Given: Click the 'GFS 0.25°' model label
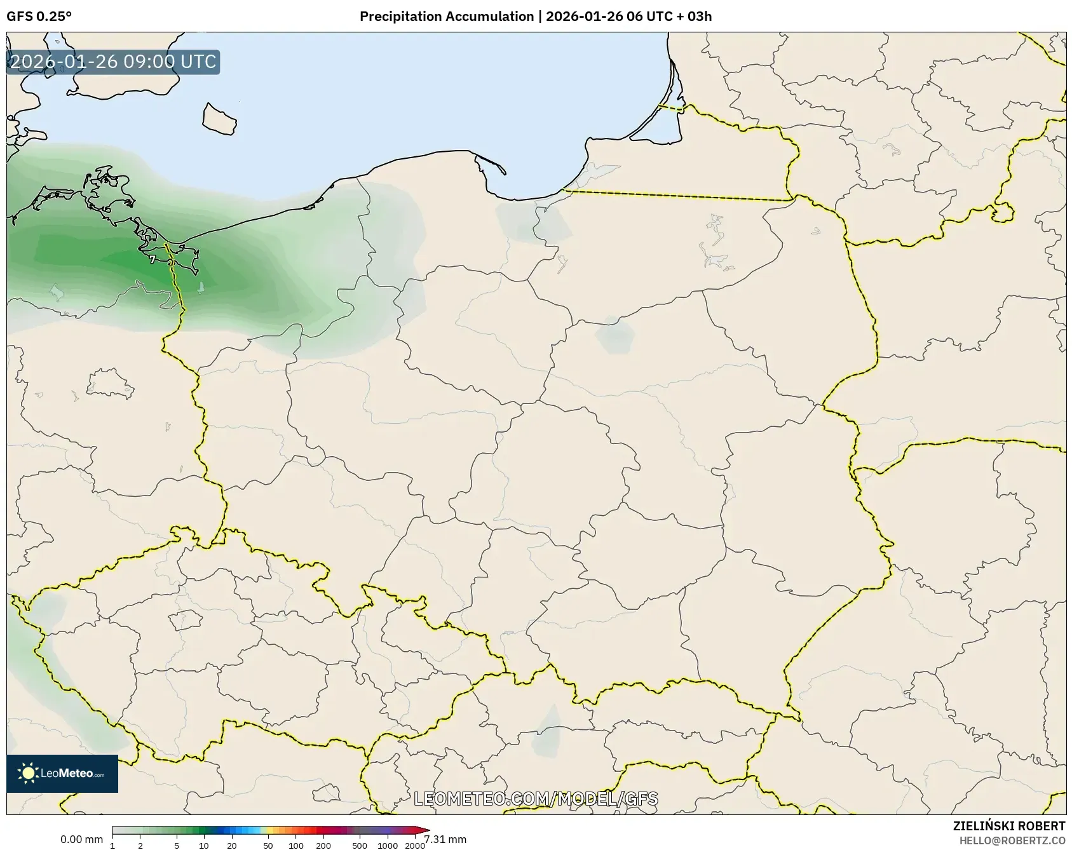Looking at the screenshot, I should pyautogui.click(x=39, y=17).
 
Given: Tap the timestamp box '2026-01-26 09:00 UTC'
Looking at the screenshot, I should pyautogui.click(x=113, y=62).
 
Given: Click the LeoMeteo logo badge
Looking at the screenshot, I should pyautogui.click(x=62, y=773).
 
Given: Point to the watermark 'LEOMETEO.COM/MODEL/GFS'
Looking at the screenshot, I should pyautogui.click(x=536, y=799).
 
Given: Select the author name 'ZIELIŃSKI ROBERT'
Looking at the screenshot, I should pyautogui.click(x=1008, y=826).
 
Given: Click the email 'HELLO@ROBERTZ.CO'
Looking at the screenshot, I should pyautogui.click(x=1012, y=840).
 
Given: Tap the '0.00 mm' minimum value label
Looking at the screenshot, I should pyautogui.click(x=81, y=839).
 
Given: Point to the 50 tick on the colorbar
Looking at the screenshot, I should pyautogui.click(x=268, y=846).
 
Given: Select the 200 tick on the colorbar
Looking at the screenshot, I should pyautogui.click(x=323, y=846).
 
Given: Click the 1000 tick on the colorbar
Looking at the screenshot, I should pyautogui.click(x=388, y=846).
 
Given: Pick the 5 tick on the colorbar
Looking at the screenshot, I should pyautogui.click(x=177, y=846).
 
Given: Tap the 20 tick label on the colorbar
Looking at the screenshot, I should pyautogui.click(x=231, y=846).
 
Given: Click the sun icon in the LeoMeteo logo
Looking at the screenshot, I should pyautogui.click(x=28, y=773).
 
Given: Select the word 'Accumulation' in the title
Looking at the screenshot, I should pyautogui.click(x=490, y=17).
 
